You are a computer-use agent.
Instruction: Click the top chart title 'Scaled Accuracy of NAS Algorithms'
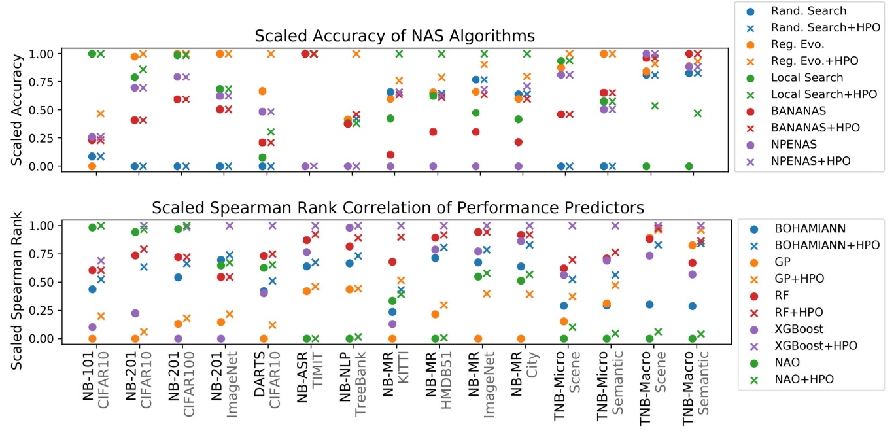[394, 35]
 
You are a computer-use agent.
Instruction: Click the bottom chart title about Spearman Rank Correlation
[398, 207]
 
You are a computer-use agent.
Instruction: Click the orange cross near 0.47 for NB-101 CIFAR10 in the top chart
[101, 114]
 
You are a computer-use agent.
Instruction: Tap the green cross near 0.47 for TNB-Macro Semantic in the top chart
[698, 113]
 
